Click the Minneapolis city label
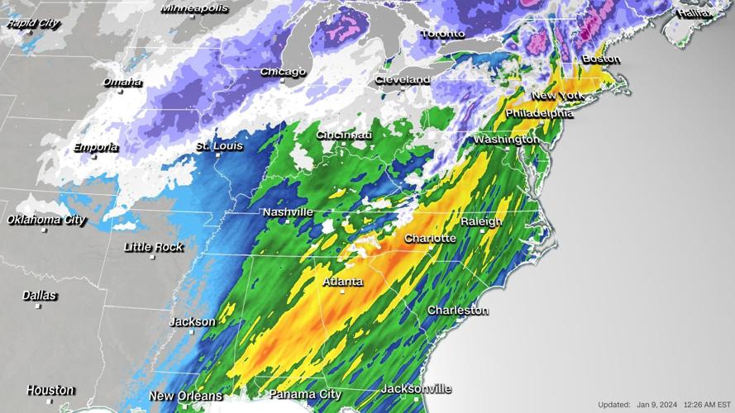click(194, 8)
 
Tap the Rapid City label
click(33, 23)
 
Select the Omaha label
click(122, 82)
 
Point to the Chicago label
click(284, 72)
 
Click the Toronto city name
click(443, 34)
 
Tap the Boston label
click(601, 59)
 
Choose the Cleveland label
click(403, 79)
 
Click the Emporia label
click(96, 147)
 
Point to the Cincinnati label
click(344, 135)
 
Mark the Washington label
click(506, 140)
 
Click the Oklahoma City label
click(46, 220)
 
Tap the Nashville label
click(288, 212)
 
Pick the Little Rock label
click(154, 247)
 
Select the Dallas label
click(40, 295)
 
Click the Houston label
click(50, 390)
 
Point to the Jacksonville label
click(416, 388)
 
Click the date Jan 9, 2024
click(658, 405)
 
